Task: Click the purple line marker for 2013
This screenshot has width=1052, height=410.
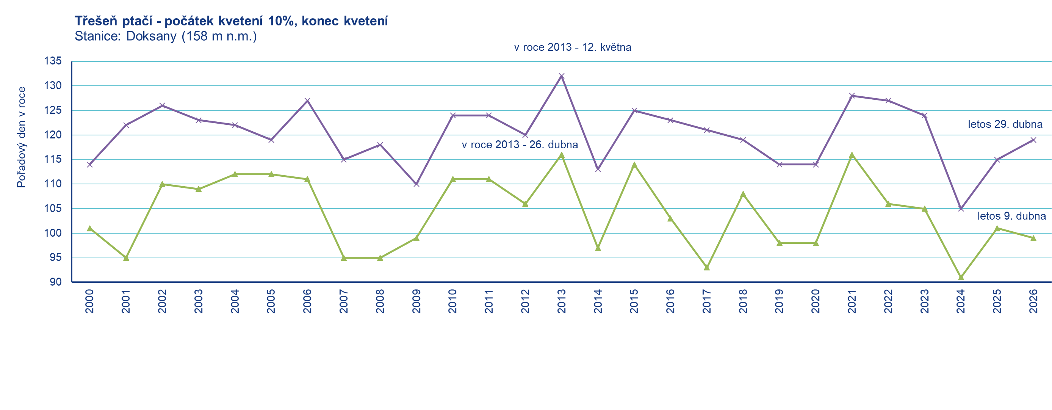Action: point(562,76)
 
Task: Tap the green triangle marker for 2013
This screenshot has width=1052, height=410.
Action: point(562,155)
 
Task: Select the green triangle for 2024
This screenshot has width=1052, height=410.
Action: point(961,278)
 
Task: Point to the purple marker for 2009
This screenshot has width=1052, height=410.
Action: point(416,184)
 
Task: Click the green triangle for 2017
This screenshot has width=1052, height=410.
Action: point(707,268)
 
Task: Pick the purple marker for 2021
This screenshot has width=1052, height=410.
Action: point(852,96)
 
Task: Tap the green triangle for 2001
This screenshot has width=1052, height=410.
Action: point(126,258)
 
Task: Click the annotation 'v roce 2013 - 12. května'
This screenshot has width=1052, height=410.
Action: point(573,47)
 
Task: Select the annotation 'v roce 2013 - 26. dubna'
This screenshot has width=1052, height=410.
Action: point(520,145)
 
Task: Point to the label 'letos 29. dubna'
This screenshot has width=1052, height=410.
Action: point(1005,124)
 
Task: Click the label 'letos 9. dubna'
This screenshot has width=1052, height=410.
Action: point(1011,216)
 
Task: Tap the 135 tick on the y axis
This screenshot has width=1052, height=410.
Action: point(53,61)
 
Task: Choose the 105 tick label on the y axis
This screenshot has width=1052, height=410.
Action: point(53,209)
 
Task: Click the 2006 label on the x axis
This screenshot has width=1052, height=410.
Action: point(307,301)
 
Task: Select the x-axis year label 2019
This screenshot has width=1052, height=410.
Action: point(779,301)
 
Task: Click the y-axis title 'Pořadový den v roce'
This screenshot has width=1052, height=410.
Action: point(21,137)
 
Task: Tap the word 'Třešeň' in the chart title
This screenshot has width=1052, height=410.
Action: point(96,21)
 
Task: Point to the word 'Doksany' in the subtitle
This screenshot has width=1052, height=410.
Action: point(151,36)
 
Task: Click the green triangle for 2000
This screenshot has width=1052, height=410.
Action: point(90,228)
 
